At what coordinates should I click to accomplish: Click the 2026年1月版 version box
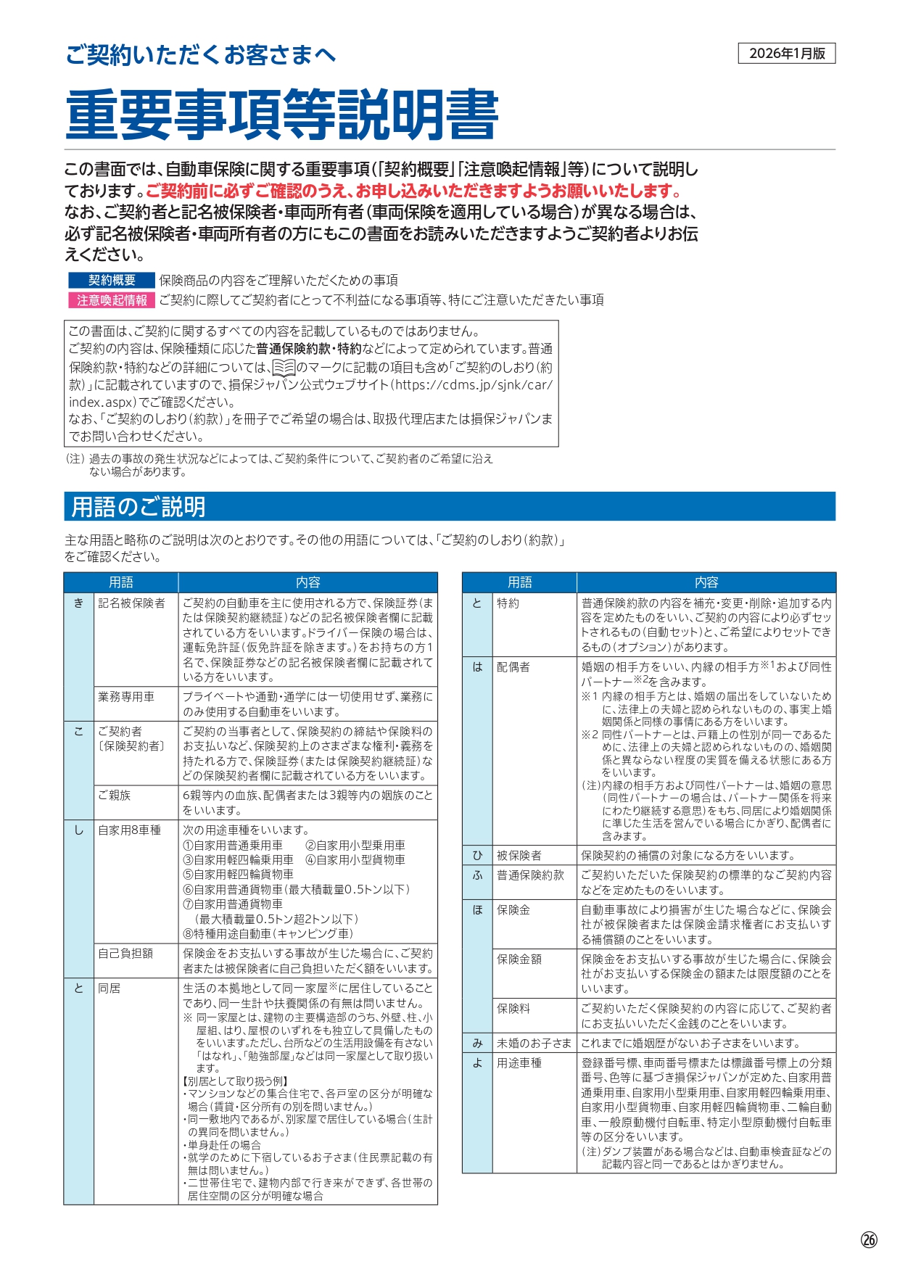787,54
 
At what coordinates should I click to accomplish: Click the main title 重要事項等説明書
282,115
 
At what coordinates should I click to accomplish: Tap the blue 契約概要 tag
112,281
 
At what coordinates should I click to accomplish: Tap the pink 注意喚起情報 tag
112,300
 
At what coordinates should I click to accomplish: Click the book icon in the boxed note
284,368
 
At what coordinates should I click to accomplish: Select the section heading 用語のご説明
139,507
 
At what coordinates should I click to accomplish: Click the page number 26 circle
869,1239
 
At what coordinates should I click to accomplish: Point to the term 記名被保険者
131,603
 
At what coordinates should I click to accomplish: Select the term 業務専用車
126,697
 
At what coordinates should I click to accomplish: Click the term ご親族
115,796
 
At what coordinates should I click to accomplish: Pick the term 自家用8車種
129,830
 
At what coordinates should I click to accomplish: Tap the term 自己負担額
125,954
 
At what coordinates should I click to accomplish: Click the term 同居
110,988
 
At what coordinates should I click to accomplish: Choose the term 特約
508,603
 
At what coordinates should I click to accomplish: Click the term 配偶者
513,667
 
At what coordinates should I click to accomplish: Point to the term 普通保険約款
530,875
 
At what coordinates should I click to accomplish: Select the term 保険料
513,1009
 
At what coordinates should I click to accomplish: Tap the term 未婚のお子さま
534,1044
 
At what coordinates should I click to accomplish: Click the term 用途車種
519,1063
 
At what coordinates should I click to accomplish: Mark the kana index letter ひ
477,856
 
